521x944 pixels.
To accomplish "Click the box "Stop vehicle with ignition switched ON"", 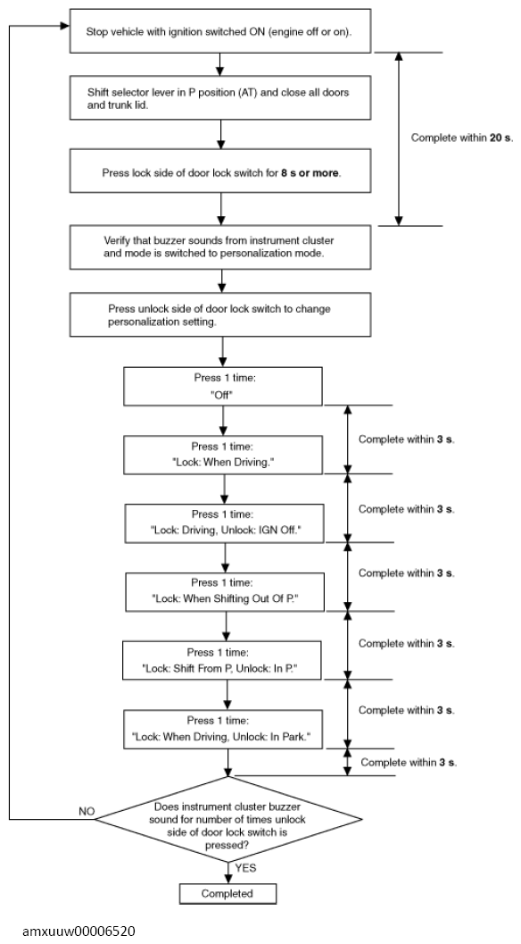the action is tap(220, 30).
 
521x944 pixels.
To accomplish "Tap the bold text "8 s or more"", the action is tap(310, 172).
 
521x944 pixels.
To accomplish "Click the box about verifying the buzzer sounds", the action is tap(220, 246).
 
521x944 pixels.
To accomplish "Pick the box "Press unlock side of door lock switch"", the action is tap(220, 314).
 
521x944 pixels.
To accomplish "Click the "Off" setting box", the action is tap(223, 387).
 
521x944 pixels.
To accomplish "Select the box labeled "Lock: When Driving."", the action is tap(223, 455).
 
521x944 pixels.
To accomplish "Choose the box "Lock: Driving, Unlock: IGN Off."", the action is tap(225, 522).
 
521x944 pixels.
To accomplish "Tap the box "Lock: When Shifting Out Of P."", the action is tap(225, 592).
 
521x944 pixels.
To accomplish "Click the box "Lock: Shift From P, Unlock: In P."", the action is tap(224, 660).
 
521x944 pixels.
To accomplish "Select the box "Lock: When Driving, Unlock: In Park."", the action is tap(224, 729).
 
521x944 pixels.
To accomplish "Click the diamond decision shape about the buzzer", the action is tap(228, 818).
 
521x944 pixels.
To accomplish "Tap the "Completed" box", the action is tap(228, 893).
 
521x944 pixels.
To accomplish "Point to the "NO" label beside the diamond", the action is tap(87, 811).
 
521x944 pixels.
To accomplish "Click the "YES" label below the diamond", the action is tap(246, 867).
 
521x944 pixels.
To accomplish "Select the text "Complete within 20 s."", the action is tap(462, 138).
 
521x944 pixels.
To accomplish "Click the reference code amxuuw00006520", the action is tap(79, 931).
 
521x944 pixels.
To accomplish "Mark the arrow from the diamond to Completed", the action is tap(228, 872).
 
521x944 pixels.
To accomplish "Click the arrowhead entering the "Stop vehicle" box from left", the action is tap(66, 26).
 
